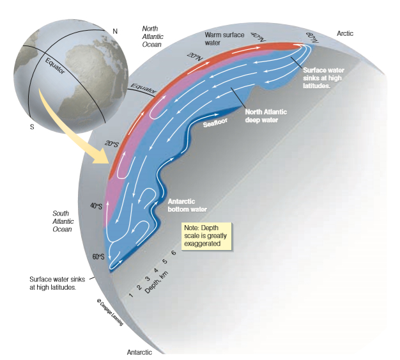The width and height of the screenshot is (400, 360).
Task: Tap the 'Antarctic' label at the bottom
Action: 140,352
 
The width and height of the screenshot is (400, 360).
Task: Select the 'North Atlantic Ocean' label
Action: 153,36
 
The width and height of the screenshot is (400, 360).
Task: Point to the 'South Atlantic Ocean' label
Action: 62,221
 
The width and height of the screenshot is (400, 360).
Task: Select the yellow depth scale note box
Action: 205,236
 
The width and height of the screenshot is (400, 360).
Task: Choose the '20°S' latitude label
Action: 112,144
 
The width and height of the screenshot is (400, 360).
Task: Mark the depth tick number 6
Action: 174,254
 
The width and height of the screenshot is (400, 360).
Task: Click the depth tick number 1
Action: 131,295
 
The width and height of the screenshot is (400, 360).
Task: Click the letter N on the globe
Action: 114,31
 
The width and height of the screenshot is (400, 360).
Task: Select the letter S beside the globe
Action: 31,125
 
